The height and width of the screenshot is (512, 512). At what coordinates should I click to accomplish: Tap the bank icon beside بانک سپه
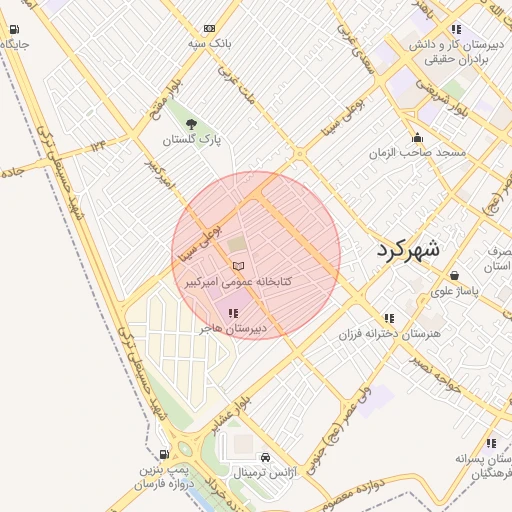(x=209, y=29)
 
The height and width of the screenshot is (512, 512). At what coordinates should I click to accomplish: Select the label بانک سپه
(x=209, y=45)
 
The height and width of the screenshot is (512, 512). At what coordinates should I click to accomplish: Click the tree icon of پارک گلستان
(x=192, y=124)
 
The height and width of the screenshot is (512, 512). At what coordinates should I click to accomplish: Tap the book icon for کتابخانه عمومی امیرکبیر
(x=237, y=266)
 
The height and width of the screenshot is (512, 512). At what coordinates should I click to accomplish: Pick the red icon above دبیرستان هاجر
(x=234, y=313)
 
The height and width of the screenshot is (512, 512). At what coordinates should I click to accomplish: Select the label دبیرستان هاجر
(x=232, y=328)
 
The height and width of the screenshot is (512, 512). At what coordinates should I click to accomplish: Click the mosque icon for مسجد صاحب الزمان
(x=417, y=137)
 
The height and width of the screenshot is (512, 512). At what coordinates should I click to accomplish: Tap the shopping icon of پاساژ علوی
(x=455, y=276)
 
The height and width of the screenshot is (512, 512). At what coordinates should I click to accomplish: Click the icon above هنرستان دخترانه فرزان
(x=389, y=317)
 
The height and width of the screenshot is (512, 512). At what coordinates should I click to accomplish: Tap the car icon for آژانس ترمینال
(x=265, y=455)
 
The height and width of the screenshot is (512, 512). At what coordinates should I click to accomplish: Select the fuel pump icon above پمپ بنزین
(x=164, y=454)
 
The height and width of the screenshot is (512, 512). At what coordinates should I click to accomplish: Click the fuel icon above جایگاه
(x=12, y=29)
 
